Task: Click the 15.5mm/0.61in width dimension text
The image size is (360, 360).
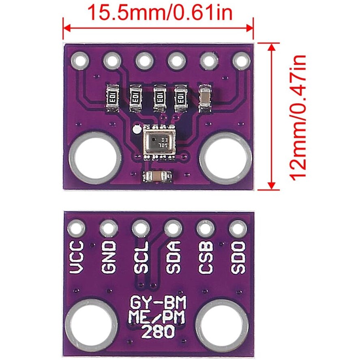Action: coord(160,12)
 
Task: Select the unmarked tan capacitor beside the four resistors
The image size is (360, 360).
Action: coord(205,98)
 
